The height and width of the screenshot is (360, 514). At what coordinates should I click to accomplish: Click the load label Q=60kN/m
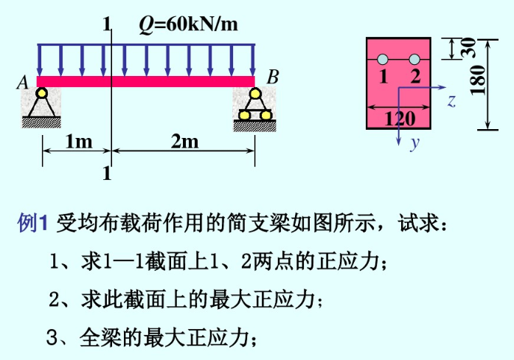pyautogui.click(x=190, y=24)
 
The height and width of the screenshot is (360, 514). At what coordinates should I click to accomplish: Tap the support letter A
pyautogui.click(x=23, y=84)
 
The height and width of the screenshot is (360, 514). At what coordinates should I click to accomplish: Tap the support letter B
pyautogui.click(x=272, y=77)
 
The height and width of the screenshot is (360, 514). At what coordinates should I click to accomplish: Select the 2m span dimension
pyautogui.click(x=184, y=141)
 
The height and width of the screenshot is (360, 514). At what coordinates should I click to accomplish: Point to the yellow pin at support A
pyautogui.click(x=41, y=93)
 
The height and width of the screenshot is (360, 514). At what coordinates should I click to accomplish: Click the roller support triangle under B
pyautogui.click(x=254, y=104)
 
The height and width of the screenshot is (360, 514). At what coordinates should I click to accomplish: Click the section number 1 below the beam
pyautogui.click(x=107, y=174)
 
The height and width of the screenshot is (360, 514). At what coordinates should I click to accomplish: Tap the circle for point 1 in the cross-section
pyautogui.click(x=383, y=60)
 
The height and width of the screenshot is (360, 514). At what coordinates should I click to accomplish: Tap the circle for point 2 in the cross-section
pyautogui.click(x=414, y=60)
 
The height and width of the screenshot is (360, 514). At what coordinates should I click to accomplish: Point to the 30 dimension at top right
pyautogui.click(x=467, y=47)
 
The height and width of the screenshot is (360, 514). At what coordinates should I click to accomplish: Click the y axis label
pyautogui.click(x=414, y=143)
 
